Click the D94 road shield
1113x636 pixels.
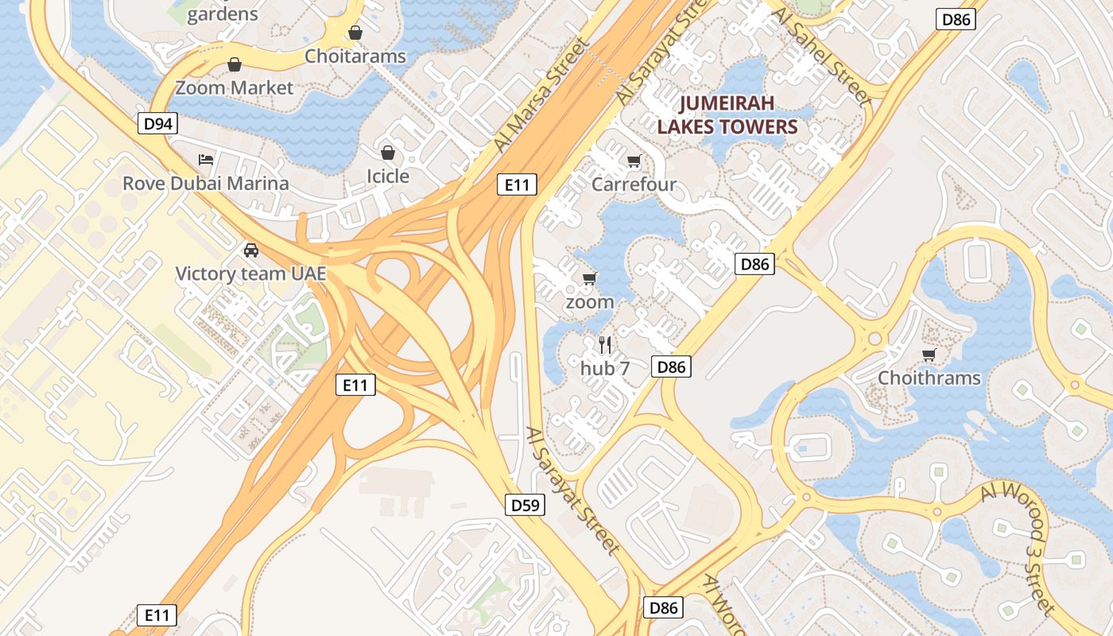pos(157,123)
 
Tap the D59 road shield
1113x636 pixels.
pos(525,504)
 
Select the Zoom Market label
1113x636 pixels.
pos(235,87)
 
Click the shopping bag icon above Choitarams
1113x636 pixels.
pos(355,33)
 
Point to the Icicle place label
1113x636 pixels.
pos(388,176)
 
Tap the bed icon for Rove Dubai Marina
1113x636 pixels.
pos(206,160)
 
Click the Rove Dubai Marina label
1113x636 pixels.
pos(206,184)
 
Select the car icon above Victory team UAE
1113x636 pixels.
pos(251,250)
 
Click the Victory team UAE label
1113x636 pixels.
pos(251,273)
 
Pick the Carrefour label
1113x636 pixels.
pos(634,184)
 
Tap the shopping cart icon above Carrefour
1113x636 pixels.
pos(634,161)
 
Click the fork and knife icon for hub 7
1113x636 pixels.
pos(605,344)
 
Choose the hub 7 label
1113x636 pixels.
pos(605,368)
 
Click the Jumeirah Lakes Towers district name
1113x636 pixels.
pos(738,115)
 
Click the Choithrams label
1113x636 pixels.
pos(929,378)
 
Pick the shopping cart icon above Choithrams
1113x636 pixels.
pos(929,355)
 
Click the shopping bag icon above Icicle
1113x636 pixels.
pos(388,152)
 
